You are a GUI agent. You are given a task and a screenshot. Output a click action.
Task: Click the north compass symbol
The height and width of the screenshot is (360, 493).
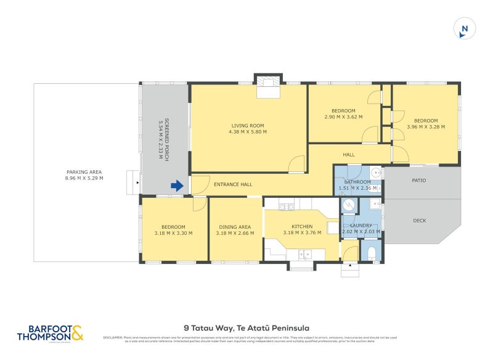pos(465,29)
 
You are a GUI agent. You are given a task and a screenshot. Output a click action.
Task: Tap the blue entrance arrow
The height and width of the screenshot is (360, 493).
pos(177,186)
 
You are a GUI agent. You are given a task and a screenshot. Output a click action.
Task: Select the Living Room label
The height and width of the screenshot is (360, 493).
pos(248,126)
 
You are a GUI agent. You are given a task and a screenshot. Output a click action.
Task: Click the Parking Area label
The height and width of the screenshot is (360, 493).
pos(84,172)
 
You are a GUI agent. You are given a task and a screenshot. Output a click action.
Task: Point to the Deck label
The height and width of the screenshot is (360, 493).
pos(420,220)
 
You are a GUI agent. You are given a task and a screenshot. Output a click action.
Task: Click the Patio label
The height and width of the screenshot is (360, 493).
pos(420,181)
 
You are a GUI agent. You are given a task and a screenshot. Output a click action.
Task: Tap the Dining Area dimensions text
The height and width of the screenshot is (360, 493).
pos(235,233)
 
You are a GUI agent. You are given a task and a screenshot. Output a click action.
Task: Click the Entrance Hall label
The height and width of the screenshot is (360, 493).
pos(233,184)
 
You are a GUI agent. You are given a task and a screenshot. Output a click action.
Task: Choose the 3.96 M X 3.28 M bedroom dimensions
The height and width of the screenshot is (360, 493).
pos(426,127)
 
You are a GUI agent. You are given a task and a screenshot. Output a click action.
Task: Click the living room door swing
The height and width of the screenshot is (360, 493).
pos(297,164)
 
